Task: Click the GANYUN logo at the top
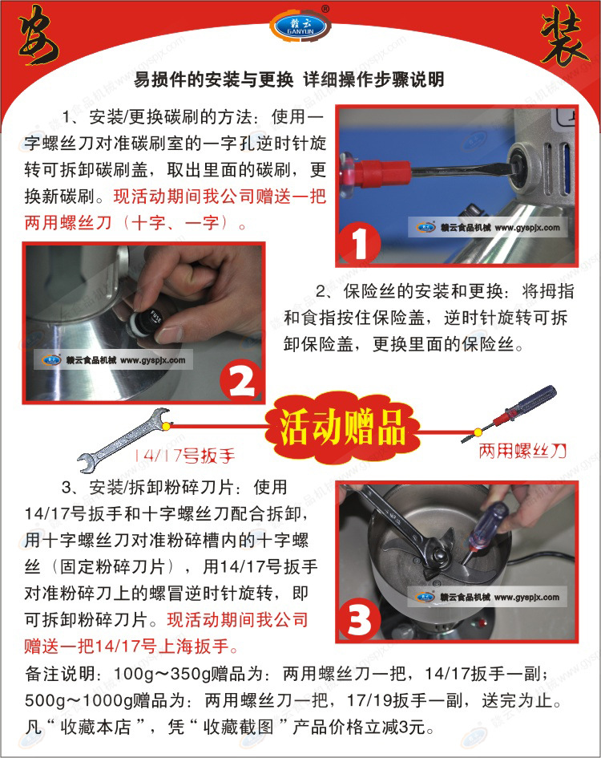pos(300,25)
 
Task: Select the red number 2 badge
pos(241,383)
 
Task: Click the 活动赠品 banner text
pos(342,427)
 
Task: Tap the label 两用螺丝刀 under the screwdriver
pos(522,452)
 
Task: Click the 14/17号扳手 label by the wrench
pos(184,456)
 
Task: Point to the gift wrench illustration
pos(123,440)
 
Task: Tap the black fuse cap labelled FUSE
pos(149,322)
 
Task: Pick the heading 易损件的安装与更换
pos(213,79)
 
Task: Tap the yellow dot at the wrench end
pos(166,426)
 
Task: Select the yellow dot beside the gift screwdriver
pos(478,432)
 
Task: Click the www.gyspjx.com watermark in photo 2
pos(153,360)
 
